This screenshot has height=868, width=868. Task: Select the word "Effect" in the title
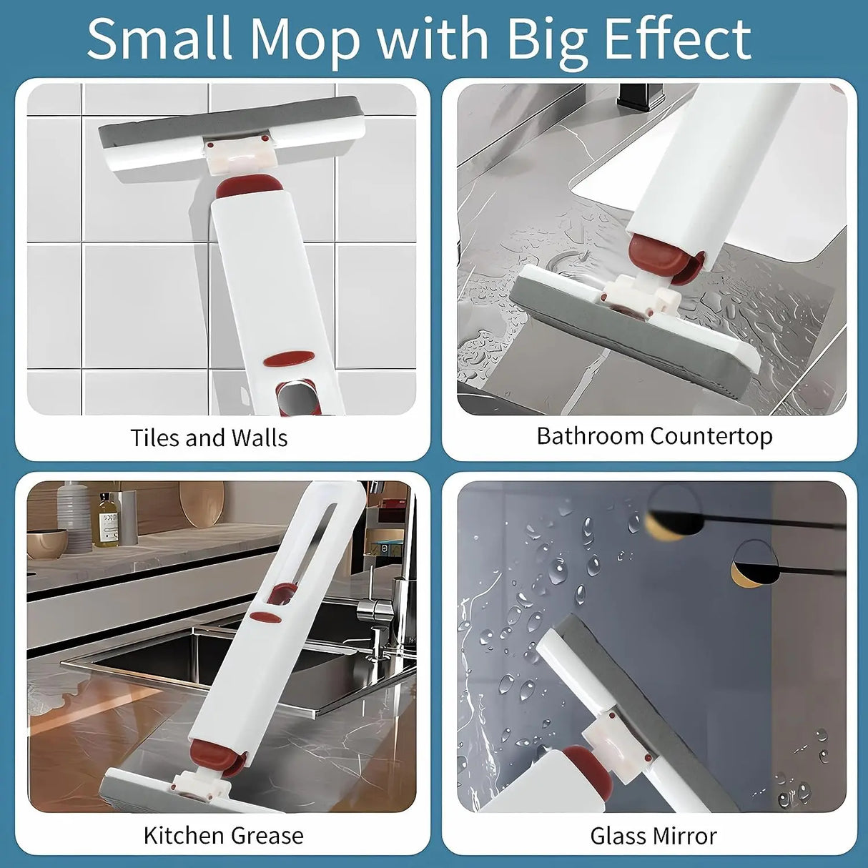(x=677, y=39)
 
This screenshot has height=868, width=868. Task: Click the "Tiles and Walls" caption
(x=209, y=438)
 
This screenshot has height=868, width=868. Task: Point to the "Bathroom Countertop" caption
(x=654, y=436)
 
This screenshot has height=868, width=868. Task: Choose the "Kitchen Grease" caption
(x=223, y=835)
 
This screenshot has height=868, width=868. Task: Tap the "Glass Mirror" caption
(x=654, y=836)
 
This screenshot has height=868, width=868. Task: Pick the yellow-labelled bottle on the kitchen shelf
(x=108, y=520)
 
